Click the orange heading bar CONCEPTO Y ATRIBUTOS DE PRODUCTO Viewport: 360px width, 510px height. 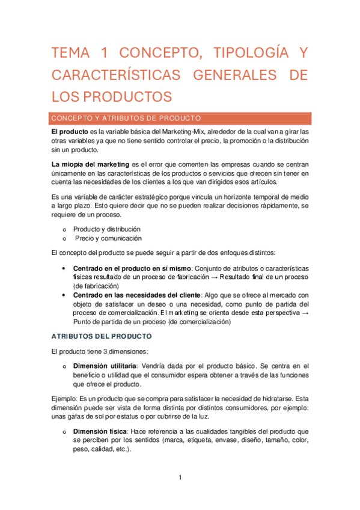(x=180, y=118)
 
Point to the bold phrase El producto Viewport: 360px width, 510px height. (x=70, y=132)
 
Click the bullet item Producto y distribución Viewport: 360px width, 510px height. (x=107, y=229)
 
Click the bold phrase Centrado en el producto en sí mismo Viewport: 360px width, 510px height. (x=131, y=268)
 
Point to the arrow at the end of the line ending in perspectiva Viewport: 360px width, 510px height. (x=305, y=313)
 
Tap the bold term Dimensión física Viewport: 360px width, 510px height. (x=99, y=431)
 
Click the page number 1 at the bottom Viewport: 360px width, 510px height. (x=180, y=478)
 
